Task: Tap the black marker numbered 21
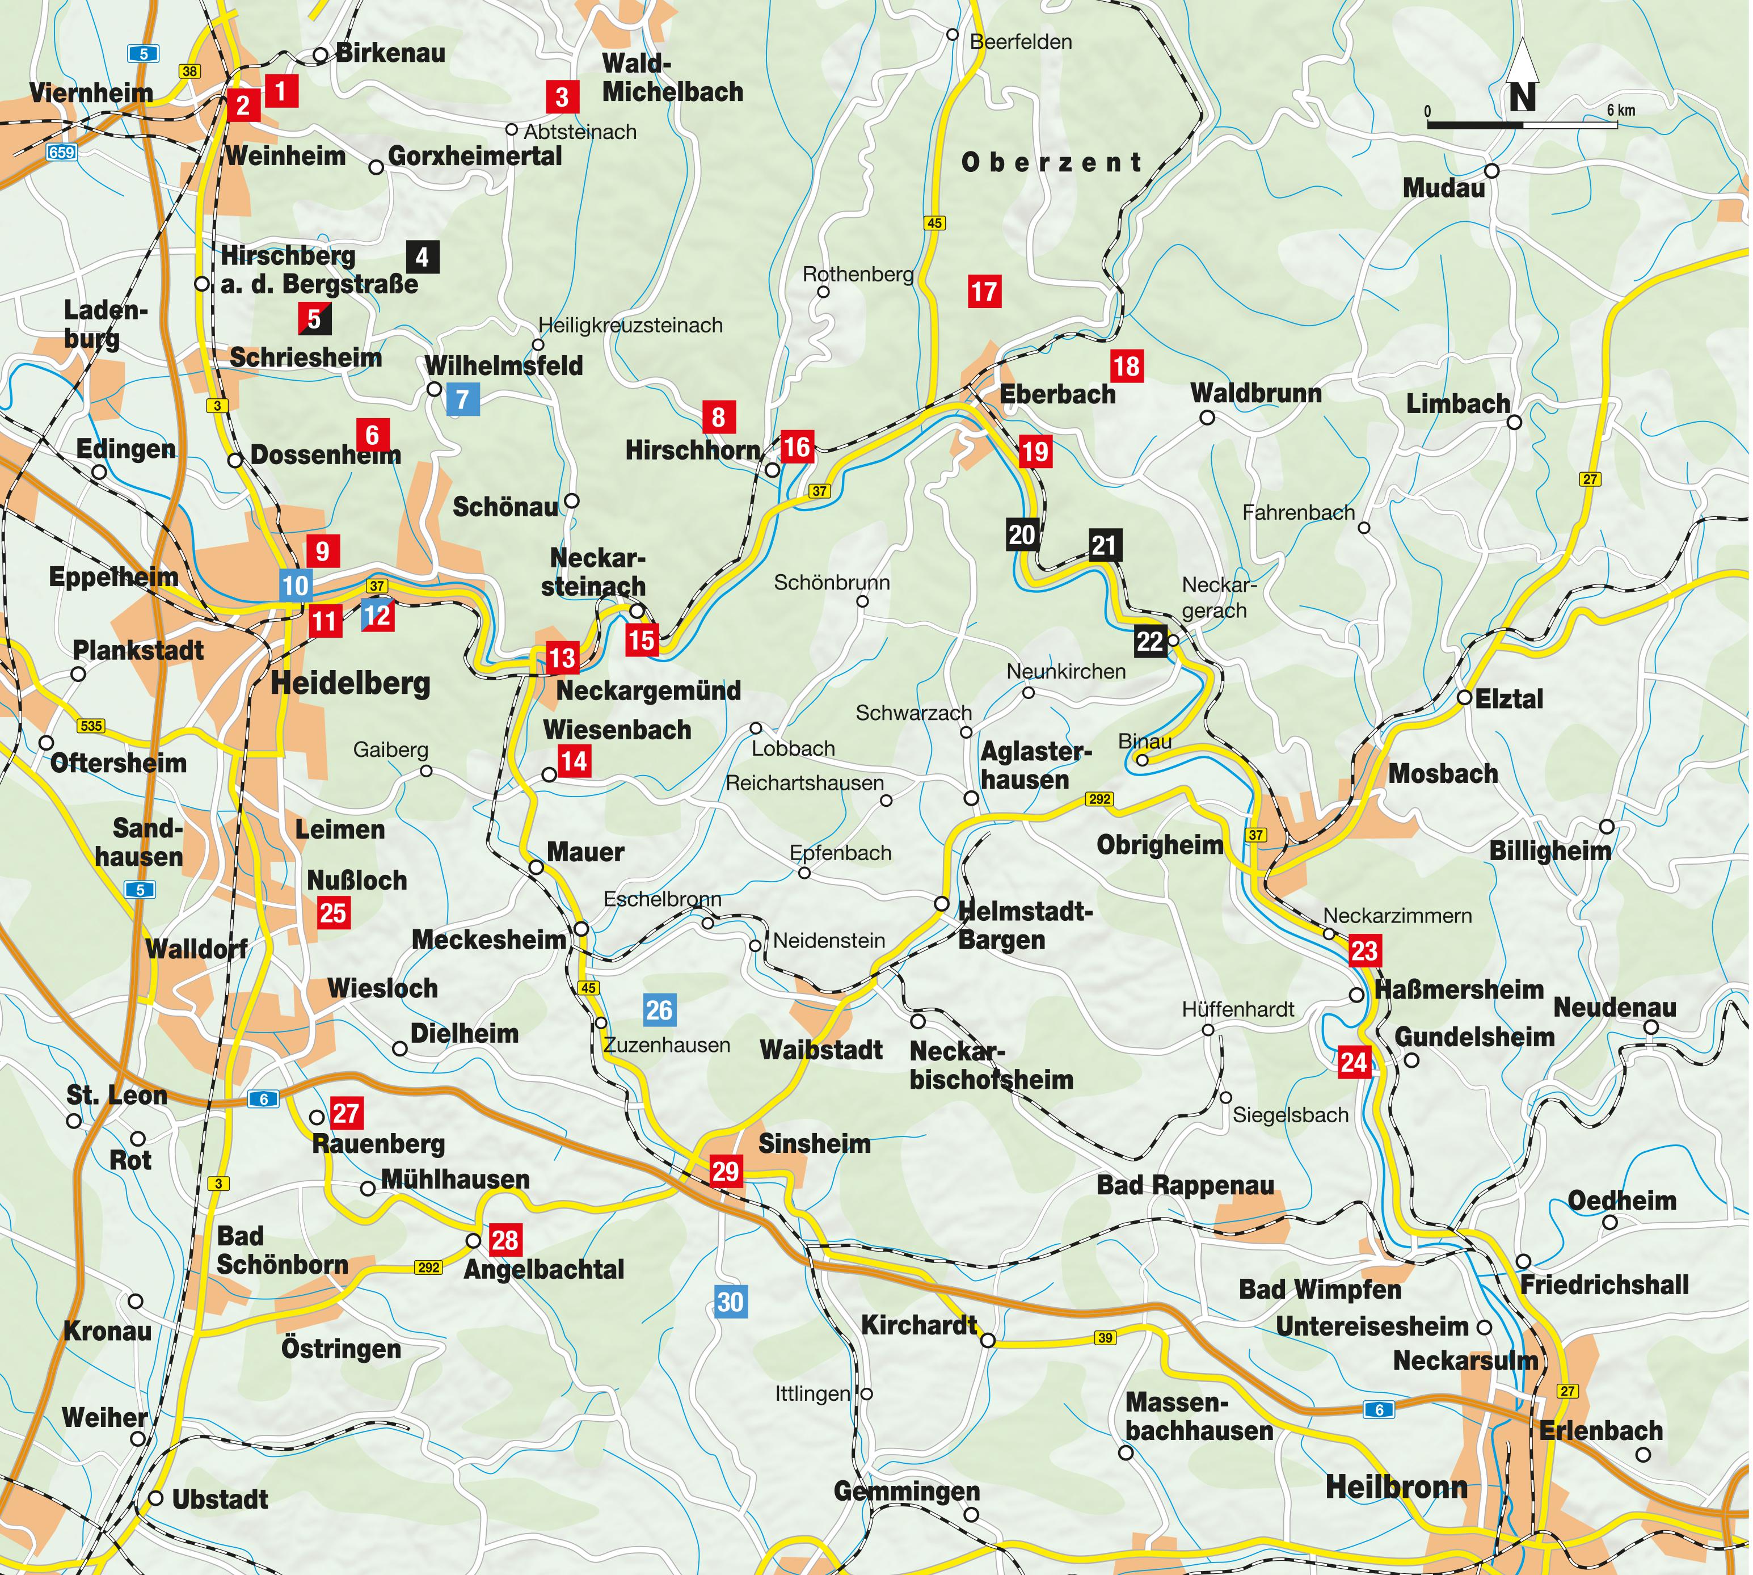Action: [1104, 545]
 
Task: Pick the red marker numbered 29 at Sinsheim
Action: [725, 1172]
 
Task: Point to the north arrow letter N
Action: [1523, 97]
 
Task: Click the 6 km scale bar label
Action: [1621, 110]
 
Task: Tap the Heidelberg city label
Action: [351, 684]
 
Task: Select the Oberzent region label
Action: [1051, 162]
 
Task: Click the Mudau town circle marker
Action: [1491, 170]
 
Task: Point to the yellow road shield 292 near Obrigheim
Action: [1099, 799]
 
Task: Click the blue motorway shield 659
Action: [61, 152]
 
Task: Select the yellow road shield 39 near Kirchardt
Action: [1105, 1338]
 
